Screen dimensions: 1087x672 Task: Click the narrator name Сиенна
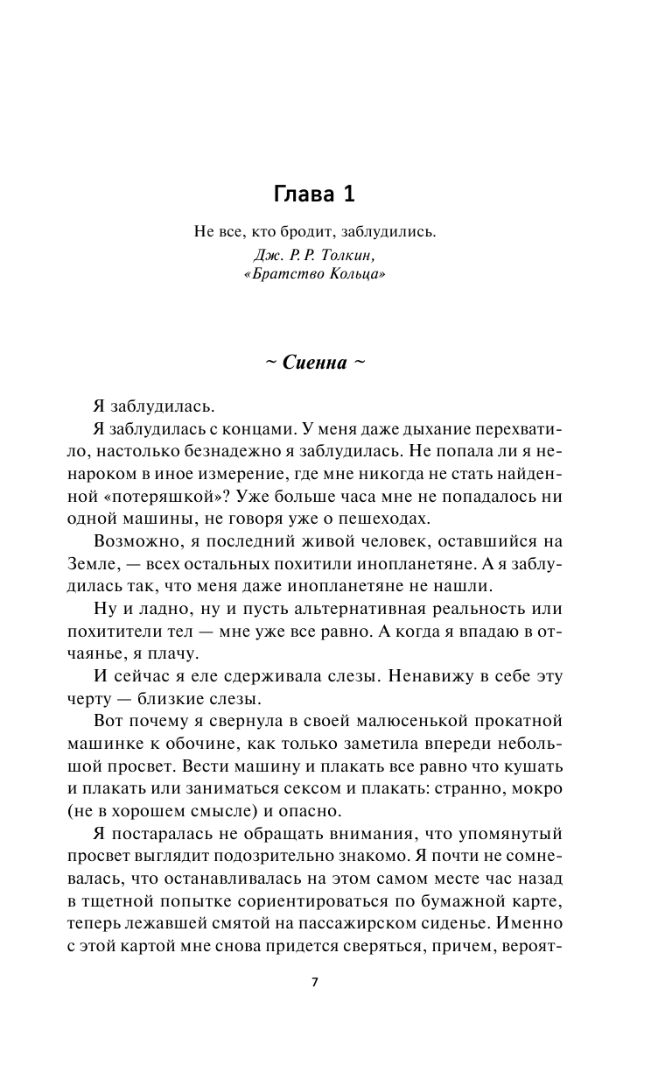pyautogui.click(x=315, y=364)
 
